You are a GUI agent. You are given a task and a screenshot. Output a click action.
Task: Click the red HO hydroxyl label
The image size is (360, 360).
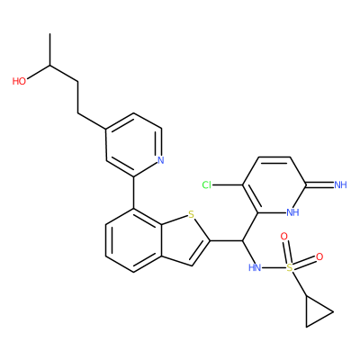tap(19, 81)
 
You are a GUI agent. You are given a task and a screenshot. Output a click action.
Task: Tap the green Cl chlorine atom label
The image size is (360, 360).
tap(207, 185)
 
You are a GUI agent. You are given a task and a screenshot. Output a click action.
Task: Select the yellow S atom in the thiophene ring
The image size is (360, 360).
tap(191, 214)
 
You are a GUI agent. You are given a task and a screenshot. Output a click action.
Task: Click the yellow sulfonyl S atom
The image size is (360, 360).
tap(290, 267)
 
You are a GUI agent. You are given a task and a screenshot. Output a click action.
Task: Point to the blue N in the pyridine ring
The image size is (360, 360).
tap(161, 160)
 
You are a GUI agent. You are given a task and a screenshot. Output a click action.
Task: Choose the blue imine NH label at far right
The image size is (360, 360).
tap(340, 184)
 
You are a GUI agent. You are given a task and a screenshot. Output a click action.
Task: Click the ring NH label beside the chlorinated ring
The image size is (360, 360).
tap(292, 212)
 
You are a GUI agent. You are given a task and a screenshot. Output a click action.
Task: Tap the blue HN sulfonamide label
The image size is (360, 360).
tap(255, 267)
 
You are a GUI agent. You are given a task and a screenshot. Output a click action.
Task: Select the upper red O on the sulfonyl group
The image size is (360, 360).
tap(283, 237)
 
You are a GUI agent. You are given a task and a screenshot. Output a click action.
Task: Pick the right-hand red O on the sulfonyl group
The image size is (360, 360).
tap(319, 256)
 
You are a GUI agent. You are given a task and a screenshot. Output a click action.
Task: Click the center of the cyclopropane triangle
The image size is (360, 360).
tap(315, 312)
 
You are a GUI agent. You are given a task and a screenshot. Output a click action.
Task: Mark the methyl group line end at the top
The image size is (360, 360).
tap(50, 34)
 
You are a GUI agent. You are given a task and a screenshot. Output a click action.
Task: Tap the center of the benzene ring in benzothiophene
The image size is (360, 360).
tap(134, 240)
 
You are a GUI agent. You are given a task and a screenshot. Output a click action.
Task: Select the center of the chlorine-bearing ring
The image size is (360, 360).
tap(274, 184)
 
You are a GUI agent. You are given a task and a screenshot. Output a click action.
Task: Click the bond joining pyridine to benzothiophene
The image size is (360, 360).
tap(134, 193)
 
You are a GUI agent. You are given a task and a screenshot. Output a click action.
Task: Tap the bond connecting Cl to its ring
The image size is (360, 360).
tap(227, 185)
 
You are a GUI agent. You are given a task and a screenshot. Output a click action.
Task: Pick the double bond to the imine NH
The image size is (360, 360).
tap(319, 184)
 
